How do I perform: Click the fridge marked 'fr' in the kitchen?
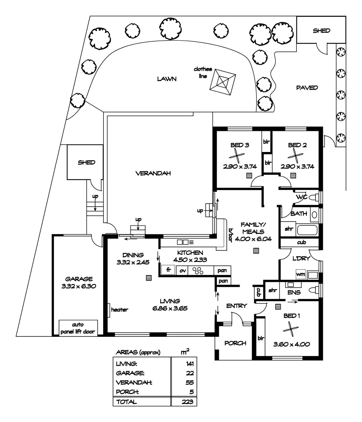click(168, 270)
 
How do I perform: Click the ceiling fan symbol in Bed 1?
click(291, 329)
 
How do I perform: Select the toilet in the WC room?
click(314, 198)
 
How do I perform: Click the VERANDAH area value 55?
click(190, 383)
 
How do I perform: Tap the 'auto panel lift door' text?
click(78, 327)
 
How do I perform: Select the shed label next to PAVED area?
click(321, 30)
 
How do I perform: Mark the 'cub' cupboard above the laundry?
click(301, 243)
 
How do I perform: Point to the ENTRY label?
click(237, 306)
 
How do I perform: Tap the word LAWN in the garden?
click(167, 79)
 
